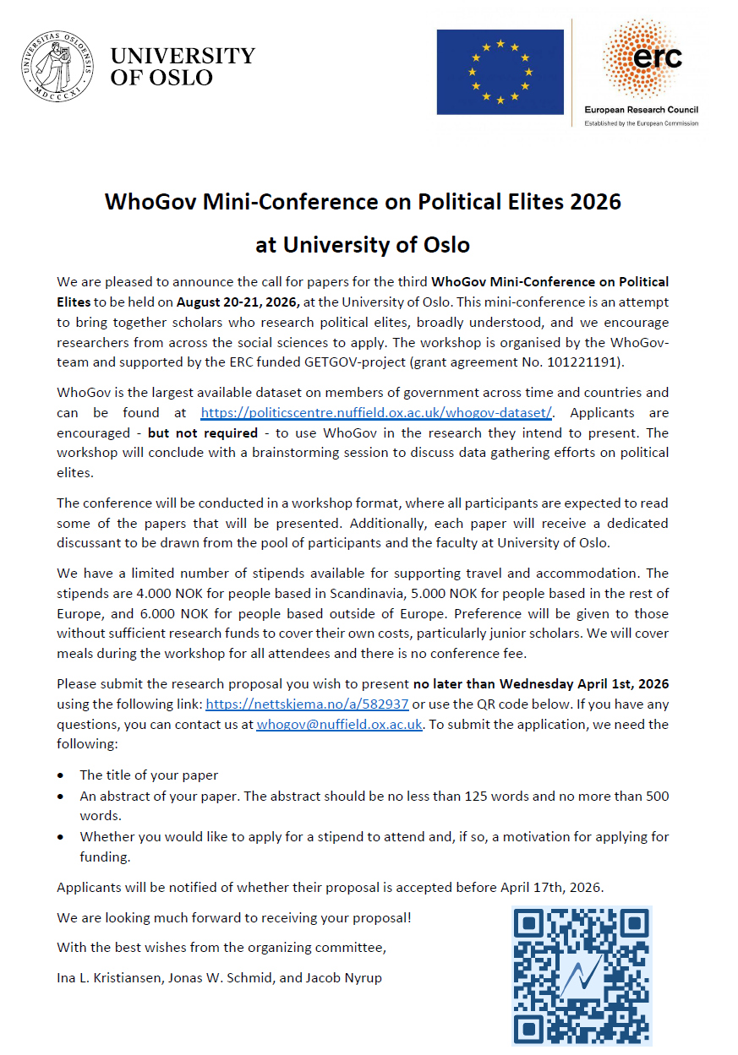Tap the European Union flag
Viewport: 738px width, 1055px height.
tap(500, 72)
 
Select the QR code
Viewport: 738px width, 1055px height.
tap(581, 976)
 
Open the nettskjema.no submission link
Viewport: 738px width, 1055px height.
tap(307, 704)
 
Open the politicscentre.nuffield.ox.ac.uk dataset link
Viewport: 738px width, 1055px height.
tap(376, 412)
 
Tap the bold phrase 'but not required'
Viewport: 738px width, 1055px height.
tap(203, 432)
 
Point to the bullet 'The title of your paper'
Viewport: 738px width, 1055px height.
tap(149, 775)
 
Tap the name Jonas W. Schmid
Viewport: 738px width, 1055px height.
tap(236, 977)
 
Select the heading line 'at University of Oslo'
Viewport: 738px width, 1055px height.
tap(363, 245)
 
